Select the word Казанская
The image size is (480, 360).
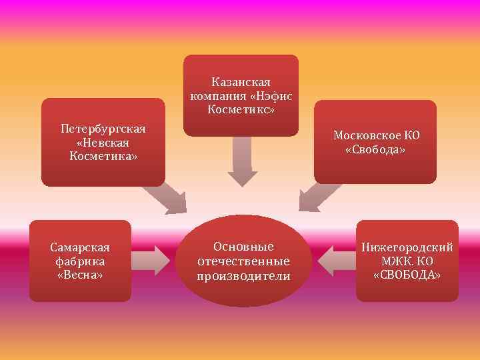pos(241,81)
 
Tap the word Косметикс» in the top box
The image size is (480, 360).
pos(241,108)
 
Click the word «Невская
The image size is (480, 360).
pos(103,142)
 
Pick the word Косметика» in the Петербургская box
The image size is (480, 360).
pos(103,156)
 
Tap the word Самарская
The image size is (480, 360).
pos(80,247)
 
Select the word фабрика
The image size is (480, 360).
pos(80,261)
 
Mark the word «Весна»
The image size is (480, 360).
pos(80,275)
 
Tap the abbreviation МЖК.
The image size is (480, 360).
pos(397,261)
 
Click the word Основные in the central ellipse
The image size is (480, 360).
pos(243,246)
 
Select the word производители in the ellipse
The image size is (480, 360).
pos(243,275)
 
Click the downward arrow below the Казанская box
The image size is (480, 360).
pos(242,163)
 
